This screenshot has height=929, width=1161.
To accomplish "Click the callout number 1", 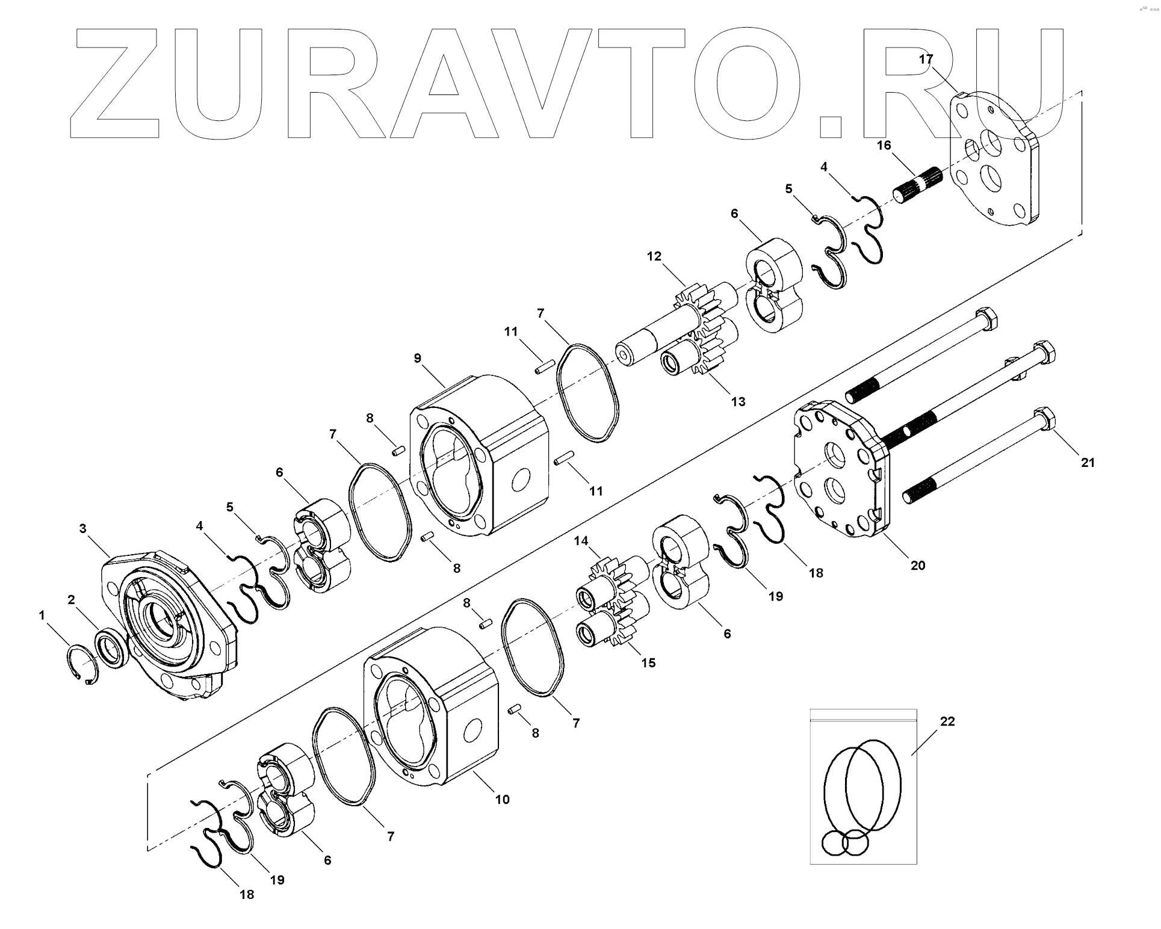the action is [x=42, y=615].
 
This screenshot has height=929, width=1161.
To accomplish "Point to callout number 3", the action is [x=83, y=528].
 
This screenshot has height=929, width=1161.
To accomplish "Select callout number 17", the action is [x=926, y=59].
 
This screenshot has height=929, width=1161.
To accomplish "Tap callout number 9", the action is [x=418, y=359].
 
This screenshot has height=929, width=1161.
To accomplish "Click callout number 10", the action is [x=502, y=800].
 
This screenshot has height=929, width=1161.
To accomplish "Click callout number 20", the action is [x=918, y=566].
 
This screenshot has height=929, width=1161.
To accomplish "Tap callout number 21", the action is [x=1088, y=463].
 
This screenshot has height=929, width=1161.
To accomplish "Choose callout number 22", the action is [x=947, y=721].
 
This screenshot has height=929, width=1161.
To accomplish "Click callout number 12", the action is [x=654, y=257].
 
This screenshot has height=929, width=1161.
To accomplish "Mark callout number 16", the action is [x=884, y=146].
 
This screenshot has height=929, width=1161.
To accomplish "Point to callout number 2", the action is [x=71, y=599].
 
